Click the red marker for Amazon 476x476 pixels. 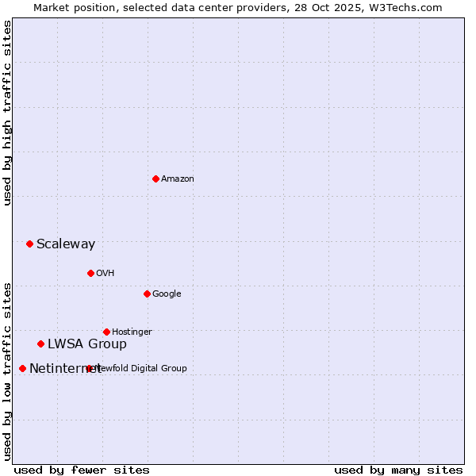pyautogui.click(x=155, y=178)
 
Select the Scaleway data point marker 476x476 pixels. pyautogui.click(x=29, y=244)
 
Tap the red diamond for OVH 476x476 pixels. pyautogui.click(x=90, y=273)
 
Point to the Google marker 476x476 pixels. pyautogui.click(x=147, y=294)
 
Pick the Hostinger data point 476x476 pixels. pyautogui.click(x=106, y=332)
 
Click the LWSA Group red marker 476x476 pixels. pyautogui.click(x=40, y=344)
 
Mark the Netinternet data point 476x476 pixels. pyautogui.click(x=22, y=368)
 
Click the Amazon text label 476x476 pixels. pyautogui.click(x=178, y=179)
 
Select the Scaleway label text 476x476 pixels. pyautogui.click(x=66, y=244)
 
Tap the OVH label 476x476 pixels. pyautogui.click(x=106, y=274)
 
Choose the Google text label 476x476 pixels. pyautogui.click(x=167, y=294)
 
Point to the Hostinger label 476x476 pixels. pyautogui.click(x=132, y=332)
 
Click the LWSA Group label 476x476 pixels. pyautogui.click(x=87, y=344)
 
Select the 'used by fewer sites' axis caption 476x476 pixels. pyautogui.click(x=82, y=470)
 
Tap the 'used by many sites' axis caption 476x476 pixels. pyautogui.click(x=398, y=470)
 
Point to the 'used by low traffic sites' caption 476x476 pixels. pyautogui.click(x=7, y=370)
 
